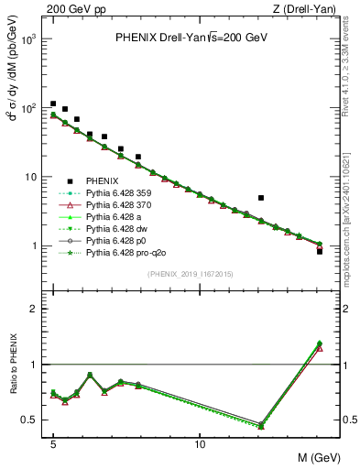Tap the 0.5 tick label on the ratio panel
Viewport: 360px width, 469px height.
click(x=32, y=420)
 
